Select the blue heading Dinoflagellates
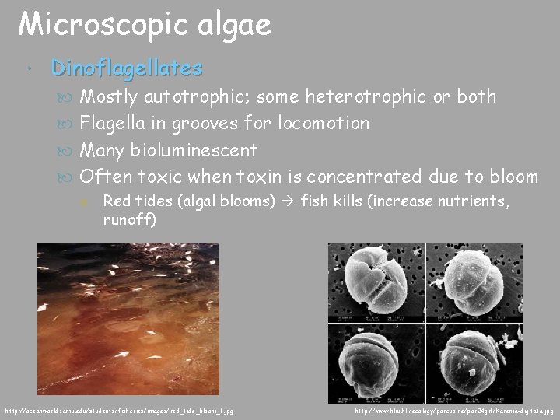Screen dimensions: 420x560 [x=126, y=68]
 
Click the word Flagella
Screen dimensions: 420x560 [x=113, y=123]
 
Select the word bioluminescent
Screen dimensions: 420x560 [x=191, y=149]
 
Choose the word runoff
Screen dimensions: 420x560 [x=129, y=219]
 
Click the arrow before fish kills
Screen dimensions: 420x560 [x=288, y=201]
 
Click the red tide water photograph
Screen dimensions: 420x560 [x=128, y=318]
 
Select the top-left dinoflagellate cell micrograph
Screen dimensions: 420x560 [x=375, y=282]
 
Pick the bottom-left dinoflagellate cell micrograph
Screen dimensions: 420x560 [x=375, y=360]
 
